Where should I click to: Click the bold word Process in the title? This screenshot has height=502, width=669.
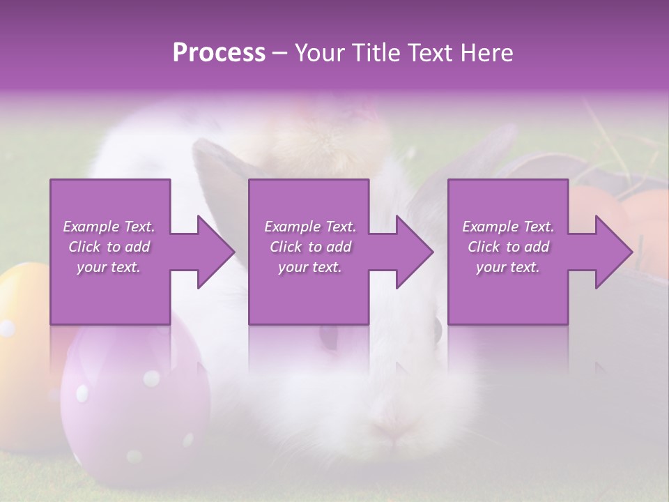click(x=219, y=53)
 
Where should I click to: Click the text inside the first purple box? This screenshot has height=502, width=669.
click(x=109, y=247)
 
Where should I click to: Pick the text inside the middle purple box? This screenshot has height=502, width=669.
click(x=309, y=247)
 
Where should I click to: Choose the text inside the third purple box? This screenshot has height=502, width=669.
click(x=507, y=247)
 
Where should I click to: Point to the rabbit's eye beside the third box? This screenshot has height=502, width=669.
click(x=436, y=329)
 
